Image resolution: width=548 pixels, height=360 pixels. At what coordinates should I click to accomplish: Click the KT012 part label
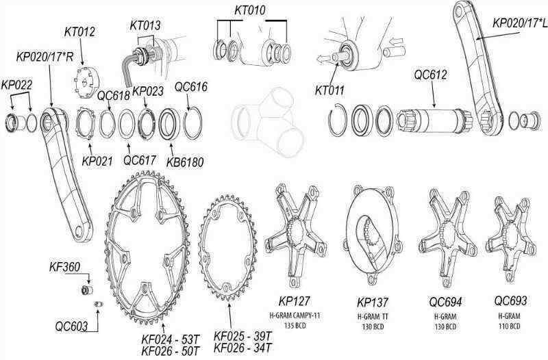[79, 31]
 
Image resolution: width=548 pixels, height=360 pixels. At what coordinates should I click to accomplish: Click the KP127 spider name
[294, 302]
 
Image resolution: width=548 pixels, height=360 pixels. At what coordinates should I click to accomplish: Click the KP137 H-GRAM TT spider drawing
[371, 235]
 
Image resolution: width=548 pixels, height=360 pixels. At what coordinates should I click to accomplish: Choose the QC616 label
[191, 87]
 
